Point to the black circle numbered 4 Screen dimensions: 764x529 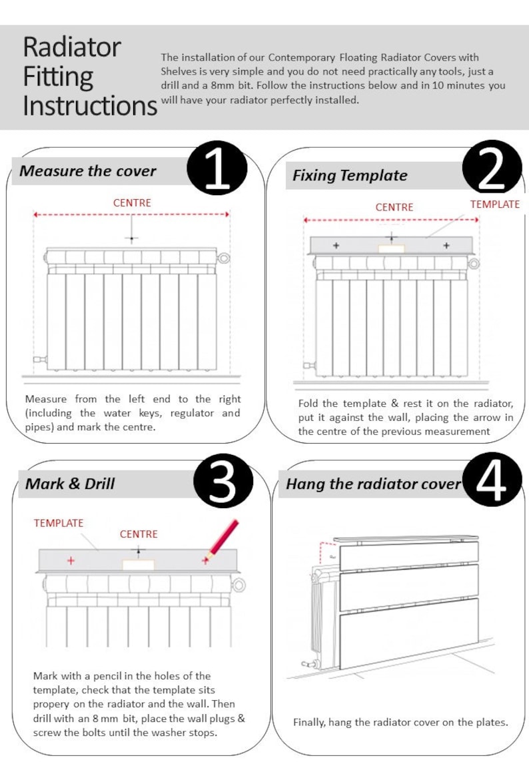click(x=492, y=481)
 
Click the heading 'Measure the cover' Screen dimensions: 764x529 click(x=88, y=171)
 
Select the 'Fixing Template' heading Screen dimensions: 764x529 click(x=350, y=176)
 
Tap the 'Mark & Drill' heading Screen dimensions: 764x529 click(x=70, y=484)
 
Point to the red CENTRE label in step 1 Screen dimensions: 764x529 click(x=132, y=202)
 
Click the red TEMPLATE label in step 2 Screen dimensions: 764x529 click(x=494, y=204)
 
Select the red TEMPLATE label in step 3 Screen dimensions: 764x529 click(x=59, y=524)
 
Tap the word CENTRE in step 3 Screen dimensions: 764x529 click(x=139, y=534)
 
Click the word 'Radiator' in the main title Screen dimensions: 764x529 click(x=72, y=48)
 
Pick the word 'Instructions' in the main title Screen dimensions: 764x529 click(x=90, y=105)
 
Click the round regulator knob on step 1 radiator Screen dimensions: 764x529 click(x=225, y=256)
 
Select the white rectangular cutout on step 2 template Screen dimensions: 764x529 click(x=391, y=248)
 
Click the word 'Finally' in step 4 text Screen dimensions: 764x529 click(x=309, y=723)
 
